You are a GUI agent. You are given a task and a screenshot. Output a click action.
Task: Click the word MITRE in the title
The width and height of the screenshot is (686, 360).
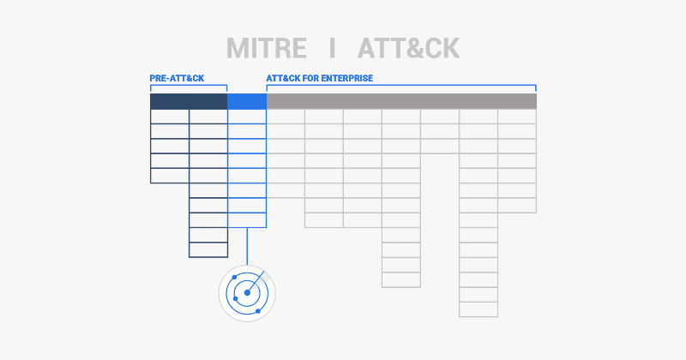[267, 48]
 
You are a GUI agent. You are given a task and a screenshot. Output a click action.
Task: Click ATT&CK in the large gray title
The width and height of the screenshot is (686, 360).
[409, 48]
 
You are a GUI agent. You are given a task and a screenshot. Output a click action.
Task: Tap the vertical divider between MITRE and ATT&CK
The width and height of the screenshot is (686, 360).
[333, 48]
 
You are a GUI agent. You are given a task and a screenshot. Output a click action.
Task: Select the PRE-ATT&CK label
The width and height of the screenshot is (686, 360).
[177, 78]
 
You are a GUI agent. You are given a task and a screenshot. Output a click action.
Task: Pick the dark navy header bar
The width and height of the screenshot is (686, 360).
[189, 101]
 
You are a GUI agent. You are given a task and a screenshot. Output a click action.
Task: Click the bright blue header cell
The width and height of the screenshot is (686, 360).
[247, 101]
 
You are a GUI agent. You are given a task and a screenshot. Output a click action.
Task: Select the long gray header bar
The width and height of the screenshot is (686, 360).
[401, 101]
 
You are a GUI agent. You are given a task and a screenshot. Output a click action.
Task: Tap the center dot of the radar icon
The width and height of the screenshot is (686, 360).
[247, 292]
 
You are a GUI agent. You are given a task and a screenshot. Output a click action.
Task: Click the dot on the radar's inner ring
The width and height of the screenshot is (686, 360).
[236, 299]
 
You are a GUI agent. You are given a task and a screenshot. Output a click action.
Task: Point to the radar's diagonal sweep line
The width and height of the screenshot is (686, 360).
[256, 282]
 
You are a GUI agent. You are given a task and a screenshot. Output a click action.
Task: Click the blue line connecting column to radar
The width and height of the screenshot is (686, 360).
[247, 246]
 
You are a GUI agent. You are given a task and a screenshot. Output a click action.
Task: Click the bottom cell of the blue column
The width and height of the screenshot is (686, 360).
[247, 220]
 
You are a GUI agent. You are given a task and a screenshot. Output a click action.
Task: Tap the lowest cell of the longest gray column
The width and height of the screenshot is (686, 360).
[478, 309]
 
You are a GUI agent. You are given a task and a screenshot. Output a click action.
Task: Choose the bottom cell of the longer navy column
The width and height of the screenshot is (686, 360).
[208, 249]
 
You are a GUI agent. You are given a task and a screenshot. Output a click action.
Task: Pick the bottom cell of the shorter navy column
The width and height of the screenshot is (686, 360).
[170, 176]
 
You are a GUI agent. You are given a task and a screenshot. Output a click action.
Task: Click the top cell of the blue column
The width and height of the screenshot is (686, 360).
[247, 117]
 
